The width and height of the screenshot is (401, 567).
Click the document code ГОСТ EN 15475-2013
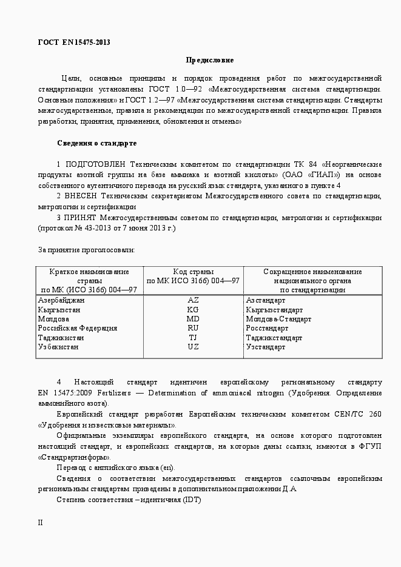(73, 42)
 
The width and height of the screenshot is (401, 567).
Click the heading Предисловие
(209, 60)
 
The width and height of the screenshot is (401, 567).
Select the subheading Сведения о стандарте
(96, 143)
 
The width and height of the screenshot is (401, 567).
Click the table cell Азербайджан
(61, 300)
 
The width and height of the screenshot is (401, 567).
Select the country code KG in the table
(193, 309)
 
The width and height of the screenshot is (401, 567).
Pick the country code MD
(193, 319)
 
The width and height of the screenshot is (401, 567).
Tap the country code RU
(193, 328)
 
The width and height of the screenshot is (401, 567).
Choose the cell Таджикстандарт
(274, 338)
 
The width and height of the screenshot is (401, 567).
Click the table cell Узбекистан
(58, 347)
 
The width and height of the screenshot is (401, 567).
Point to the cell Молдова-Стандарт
(278, 319)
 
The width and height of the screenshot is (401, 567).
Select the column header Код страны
(193, 272)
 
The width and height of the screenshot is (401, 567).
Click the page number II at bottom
(41, 522)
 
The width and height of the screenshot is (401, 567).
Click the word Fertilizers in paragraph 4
(113, 393)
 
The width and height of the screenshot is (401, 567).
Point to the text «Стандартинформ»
(74, 457)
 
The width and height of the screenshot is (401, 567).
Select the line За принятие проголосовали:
(87, 249)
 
